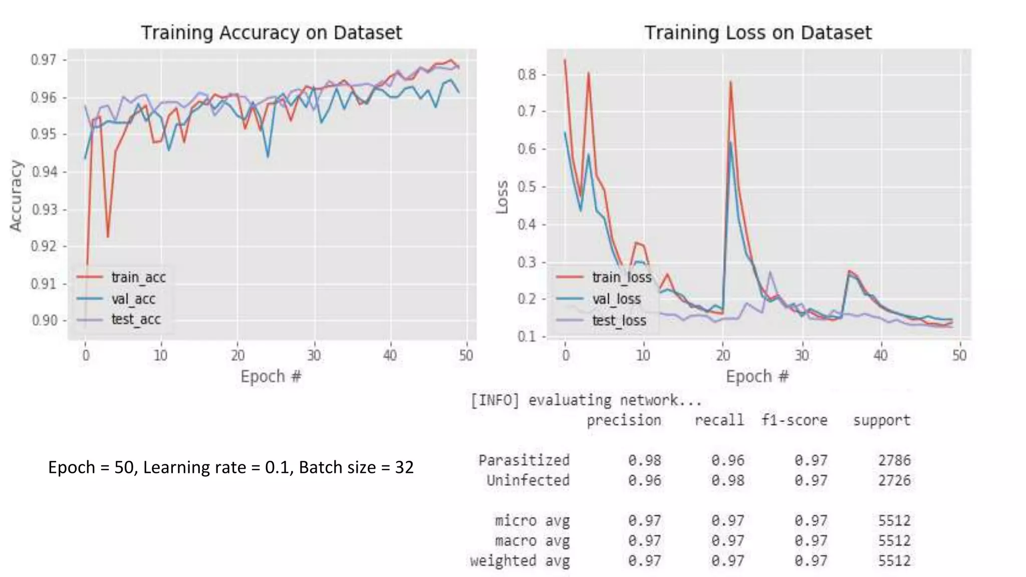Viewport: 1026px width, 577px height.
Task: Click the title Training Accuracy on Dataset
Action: pos(271,33)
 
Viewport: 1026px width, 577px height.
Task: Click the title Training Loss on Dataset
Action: pos(757,33)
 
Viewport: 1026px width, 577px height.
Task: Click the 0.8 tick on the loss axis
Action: pos(527,75)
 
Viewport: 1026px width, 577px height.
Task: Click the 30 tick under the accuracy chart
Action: pos(314,356)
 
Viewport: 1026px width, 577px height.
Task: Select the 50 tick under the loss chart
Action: pos(959,356)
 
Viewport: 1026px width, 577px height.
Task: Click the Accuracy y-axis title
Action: pos(16,196)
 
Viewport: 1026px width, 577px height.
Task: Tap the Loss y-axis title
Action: pos(501,197)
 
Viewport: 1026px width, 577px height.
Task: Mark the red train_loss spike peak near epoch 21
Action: pos(730,82)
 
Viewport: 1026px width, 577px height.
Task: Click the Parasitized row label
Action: pos(524,460)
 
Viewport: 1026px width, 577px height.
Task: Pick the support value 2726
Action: pos(894,481)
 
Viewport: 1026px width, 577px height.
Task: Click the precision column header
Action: pos(624,420)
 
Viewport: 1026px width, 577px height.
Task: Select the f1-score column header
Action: pos(794,420)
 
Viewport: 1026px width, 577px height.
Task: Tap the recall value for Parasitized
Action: pos(727,460)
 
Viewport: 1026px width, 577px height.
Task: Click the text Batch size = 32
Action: pos(356,467)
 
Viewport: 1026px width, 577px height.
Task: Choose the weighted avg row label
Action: pos(520,561)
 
